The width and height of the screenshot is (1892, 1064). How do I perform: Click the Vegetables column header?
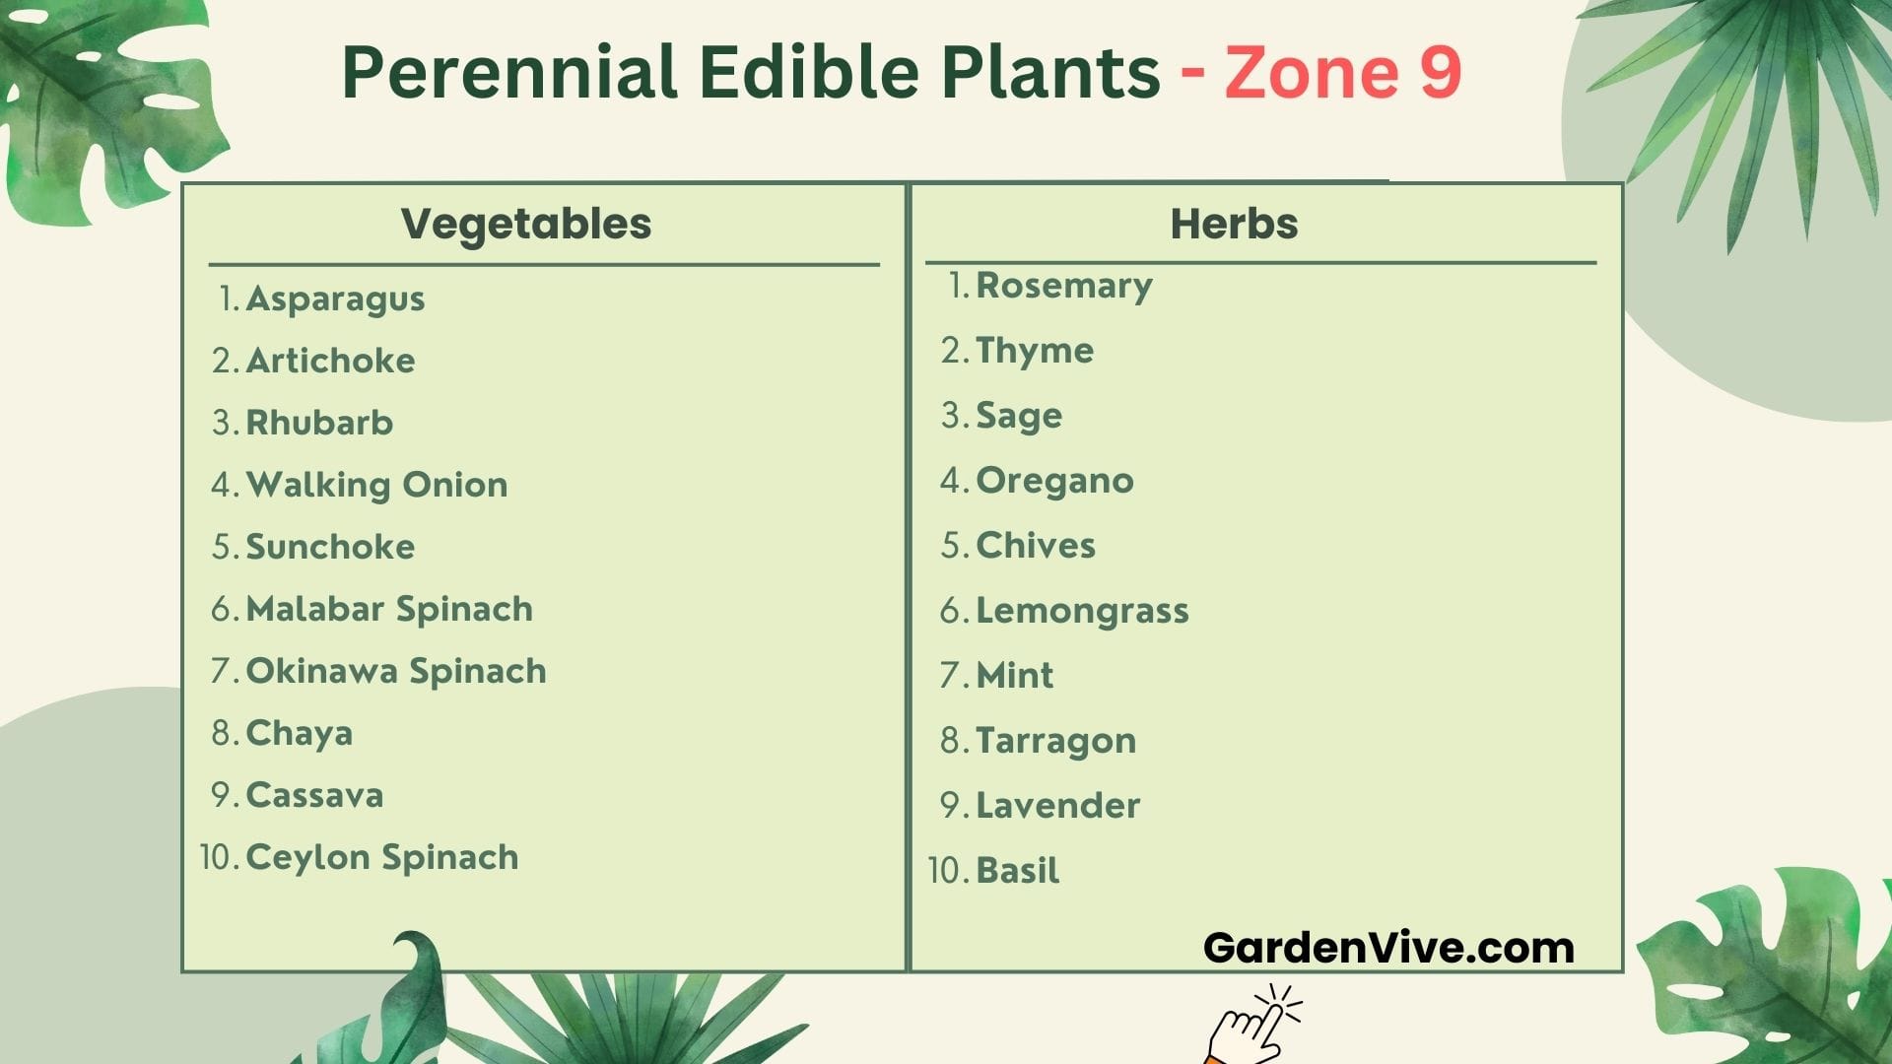pos(526,225)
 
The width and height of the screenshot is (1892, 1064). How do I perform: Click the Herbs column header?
pos(1234,224)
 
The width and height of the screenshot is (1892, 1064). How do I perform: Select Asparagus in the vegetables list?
pos(335,299)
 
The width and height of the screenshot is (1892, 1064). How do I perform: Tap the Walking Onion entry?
pos(376,485)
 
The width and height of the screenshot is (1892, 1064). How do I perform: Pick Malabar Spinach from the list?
pos(389,609)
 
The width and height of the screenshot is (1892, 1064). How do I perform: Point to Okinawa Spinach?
pos(396,671)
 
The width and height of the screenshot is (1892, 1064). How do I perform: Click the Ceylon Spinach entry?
pos(382,857)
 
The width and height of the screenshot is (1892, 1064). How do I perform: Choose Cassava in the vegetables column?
pos(314,795)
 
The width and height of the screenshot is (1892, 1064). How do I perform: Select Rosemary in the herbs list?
pos(1064,286)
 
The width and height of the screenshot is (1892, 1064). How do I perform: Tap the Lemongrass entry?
pos(1082,611)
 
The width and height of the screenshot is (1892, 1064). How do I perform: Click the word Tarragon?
pos(1055,741)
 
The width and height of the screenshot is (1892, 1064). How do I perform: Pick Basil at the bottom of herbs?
pos(1017,871)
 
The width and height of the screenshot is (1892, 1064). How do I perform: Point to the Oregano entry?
pos(1054,481)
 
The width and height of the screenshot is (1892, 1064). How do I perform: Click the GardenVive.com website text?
pos(1388,948)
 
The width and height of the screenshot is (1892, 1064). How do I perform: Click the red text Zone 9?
pos(1343,72)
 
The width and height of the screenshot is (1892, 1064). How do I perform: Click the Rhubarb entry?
pos(319,423)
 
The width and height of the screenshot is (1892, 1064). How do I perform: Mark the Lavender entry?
pos(1057,806)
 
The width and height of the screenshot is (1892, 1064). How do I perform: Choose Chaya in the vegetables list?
pos(299,733)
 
